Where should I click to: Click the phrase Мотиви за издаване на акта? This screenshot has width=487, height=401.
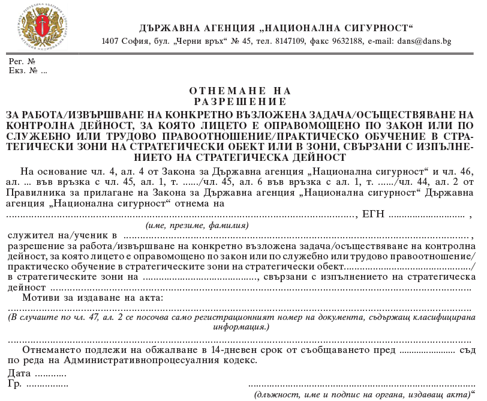92,298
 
